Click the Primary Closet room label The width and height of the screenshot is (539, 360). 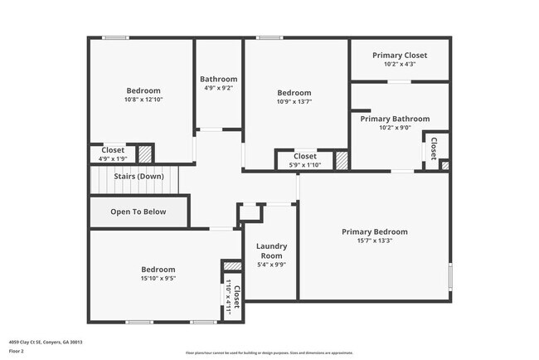point(399,54)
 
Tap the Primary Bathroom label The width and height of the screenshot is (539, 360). point(395,119)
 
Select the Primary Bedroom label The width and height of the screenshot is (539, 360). point(374,232)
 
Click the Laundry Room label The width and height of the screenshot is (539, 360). point(271,251)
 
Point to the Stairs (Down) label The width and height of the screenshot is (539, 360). point(138,176)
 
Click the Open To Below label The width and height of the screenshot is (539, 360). point(138,212)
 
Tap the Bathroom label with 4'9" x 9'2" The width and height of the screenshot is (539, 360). point(220,79)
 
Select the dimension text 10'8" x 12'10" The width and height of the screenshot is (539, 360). point(143,100)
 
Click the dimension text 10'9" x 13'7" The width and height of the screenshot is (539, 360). point(294,102)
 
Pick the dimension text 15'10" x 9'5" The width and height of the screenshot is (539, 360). point(158,279)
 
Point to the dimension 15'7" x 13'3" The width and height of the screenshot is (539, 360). point(375,241)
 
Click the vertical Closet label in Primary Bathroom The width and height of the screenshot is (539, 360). point(434,149)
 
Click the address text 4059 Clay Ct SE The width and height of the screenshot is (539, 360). point(46,342)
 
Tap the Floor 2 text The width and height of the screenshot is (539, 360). point(17,351)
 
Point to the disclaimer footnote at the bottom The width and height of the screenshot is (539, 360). point(269,352)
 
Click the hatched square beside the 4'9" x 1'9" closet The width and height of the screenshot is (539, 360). point(145,153)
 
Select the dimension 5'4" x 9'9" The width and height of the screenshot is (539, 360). point(271,265)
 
